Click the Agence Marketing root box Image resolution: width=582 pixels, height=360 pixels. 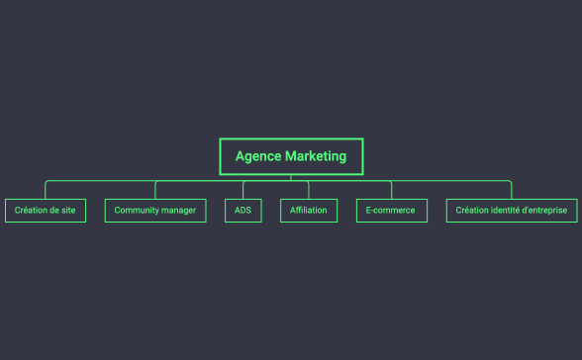(291, 156)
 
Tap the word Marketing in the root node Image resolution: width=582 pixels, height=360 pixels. (316, 156)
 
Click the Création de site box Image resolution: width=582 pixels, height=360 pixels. (46, 211)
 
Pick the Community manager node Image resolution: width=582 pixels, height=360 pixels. (155, 211)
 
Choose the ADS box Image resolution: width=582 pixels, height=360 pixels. (243, 211)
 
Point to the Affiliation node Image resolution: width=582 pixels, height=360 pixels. (309, 211)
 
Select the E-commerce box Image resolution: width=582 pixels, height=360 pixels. (392, 211)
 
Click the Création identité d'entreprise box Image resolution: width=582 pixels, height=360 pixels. (512, 211)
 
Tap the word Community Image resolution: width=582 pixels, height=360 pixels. (139, 211)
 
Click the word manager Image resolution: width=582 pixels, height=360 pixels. (180, 211)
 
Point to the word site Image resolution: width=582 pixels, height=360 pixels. (67, 211)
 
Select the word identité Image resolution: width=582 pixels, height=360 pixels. (505, 211)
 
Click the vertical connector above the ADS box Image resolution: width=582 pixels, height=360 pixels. (243, 190)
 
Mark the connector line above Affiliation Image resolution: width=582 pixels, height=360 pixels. (309, 190)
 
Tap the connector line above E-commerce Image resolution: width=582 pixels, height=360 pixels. (392, 190)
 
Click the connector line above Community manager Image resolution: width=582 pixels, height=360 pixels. (155, 190)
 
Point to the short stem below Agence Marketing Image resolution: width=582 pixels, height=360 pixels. (291, 177)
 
